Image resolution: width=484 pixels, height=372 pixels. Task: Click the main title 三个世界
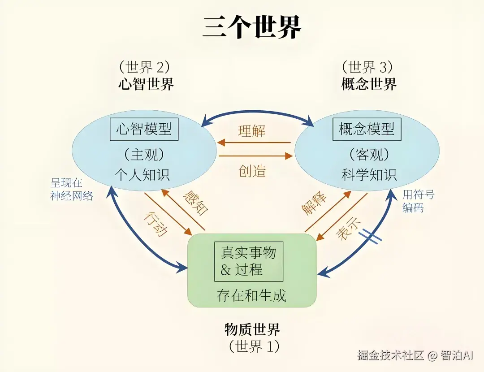click(x=251, y=28)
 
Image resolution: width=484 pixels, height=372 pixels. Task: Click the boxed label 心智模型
click(x=144, y=129)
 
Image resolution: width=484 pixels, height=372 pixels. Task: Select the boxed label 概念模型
click(x=367, y=129)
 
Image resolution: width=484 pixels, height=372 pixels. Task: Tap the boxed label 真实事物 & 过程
click(x=249, y=261)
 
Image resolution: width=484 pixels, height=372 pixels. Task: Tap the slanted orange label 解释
click(x=314, y=204)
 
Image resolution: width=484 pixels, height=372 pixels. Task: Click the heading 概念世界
click(x=368, y=84)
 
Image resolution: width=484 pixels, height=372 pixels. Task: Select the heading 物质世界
click(x=252, y=329)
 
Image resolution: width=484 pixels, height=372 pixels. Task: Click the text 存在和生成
click(x=251, y=295)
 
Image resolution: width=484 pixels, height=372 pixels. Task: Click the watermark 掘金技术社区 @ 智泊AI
click(x=415, y=355)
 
